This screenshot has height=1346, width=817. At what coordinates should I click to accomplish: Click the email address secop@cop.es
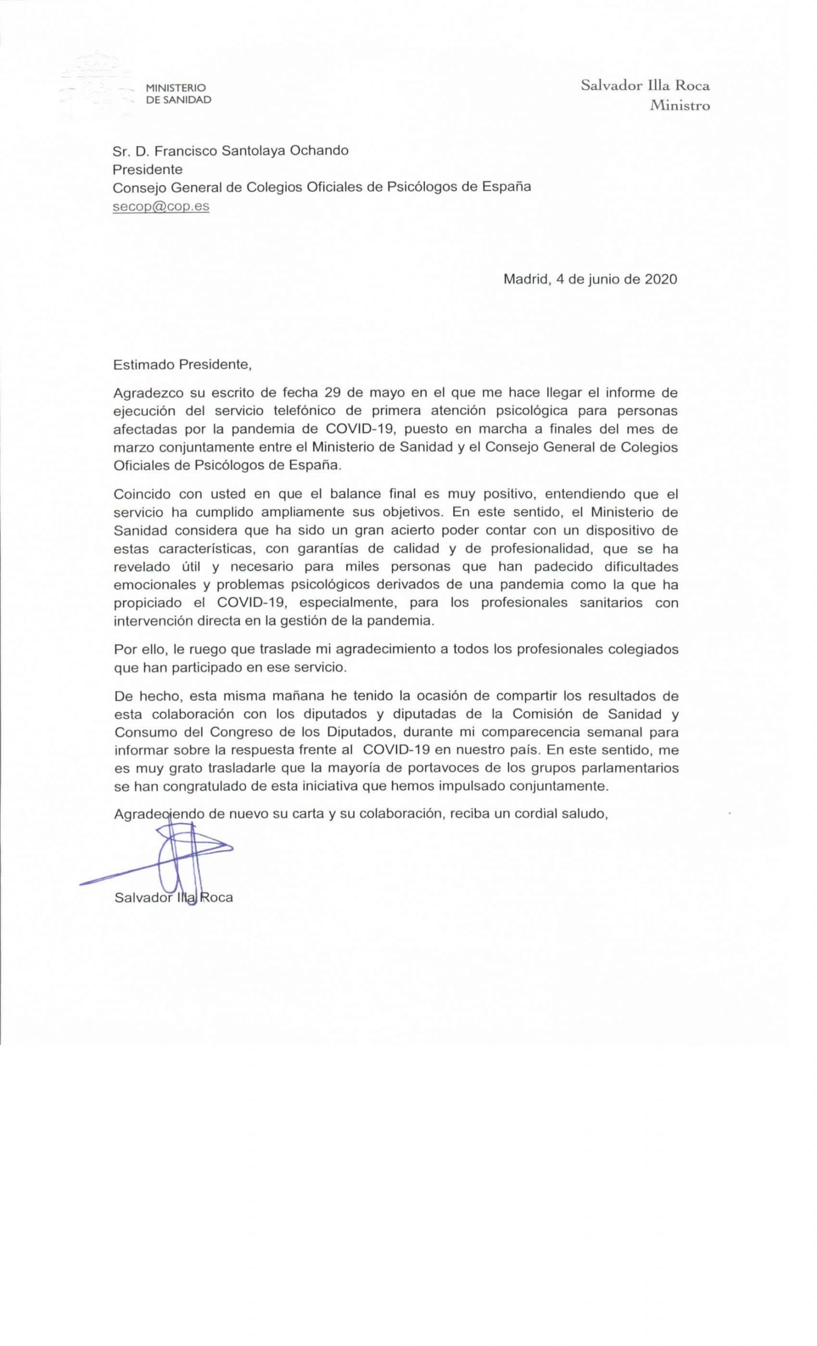point(161,207)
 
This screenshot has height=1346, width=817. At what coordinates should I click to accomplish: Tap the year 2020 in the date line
point(661,279)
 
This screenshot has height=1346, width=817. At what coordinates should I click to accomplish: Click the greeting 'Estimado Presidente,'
point(182,365)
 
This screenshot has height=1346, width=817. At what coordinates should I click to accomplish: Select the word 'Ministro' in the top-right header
point(679,106)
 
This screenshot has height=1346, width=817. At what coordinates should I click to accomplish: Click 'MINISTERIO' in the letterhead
point(175,87)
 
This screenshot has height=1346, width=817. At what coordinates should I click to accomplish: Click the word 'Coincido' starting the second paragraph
point(141,494)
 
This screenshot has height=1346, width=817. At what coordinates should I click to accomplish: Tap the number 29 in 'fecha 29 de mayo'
point(333,392)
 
